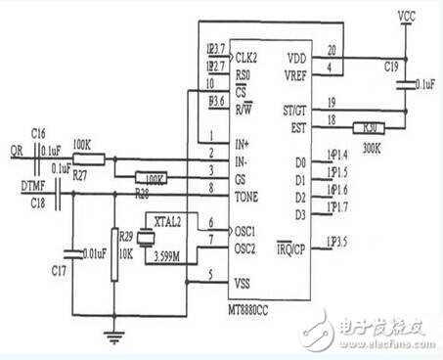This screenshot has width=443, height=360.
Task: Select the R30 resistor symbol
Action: click(x=370, y=126)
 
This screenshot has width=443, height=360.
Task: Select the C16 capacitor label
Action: click(x=38, y=131)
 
